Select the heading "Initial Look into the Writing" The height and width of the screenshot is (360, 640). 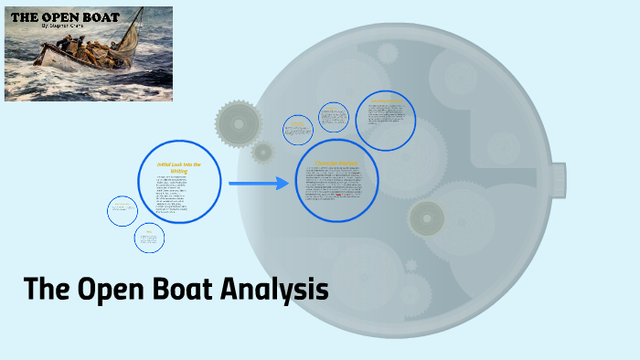[x=178, y=166]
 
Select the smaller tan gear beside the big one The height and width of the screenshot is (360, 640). [x=263, y=153]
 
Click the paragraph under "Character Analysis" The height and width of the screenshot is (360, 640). [x=336, y=186]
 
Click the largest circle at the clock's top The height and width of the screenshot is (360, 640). [x=385, y=120]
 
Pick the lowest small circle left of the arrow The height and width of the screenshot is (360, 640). [x=148, y=238]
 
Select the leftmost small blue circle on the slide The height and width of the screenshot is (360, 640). [x=122, y=210]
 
